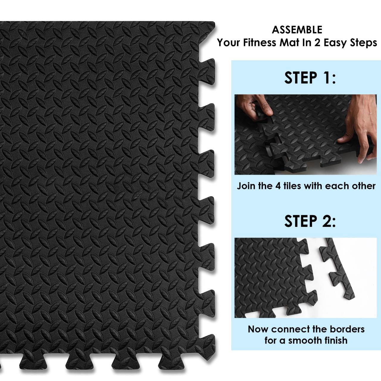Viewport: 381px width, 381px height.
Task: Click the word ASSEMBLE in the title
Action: [297, 30]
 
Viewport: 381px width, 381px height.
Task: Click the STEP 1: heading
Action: [310, 78]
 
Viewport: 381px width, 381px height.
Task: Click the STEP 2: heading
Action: [310, 221]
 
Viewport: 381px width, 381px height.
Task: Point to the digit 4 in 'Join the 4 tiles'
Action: [278, 186]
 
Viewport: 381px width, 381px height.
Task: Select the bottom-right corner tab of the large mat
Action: [207, 349]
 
